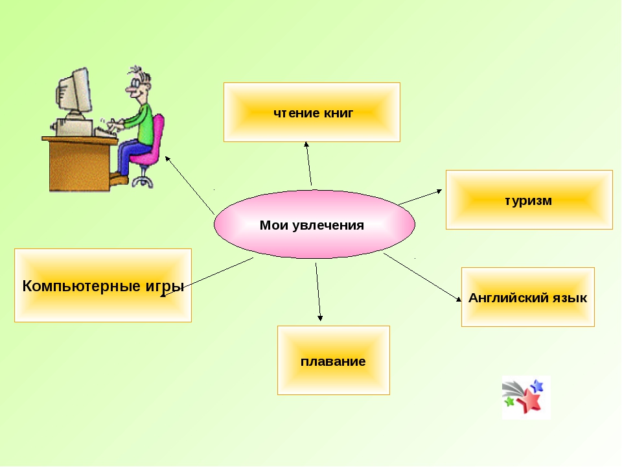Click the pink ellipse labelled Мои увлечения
click(314, 225)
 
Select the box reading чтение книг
click(312, 112)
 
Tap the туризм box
click(529, 200)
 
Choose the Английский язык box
click(527, 297)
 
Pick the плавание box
click(333, 360)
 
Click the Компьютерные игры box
click(103, 285)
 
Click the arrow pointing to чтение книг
click(308, 163)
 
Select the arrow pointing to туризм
click(420, 197)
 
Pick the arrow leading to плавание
click(318, 292)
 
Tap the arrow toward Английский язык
click(422, 277)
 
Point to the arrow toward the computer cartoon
click(190, 185)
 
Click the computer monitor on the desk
click(73, 93)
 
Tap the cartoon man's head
click(138, 84)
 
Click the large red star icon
click(529, 400)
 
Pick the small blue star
click(536, 385)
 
